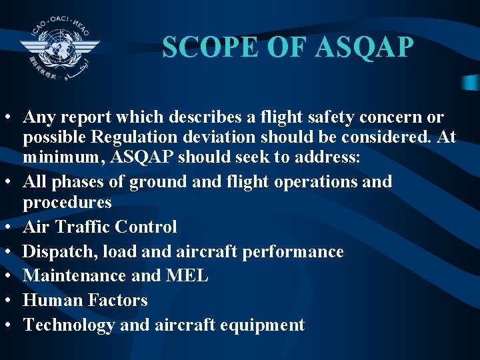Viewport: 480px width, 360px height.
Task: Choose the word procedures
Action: pos(67,201)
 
